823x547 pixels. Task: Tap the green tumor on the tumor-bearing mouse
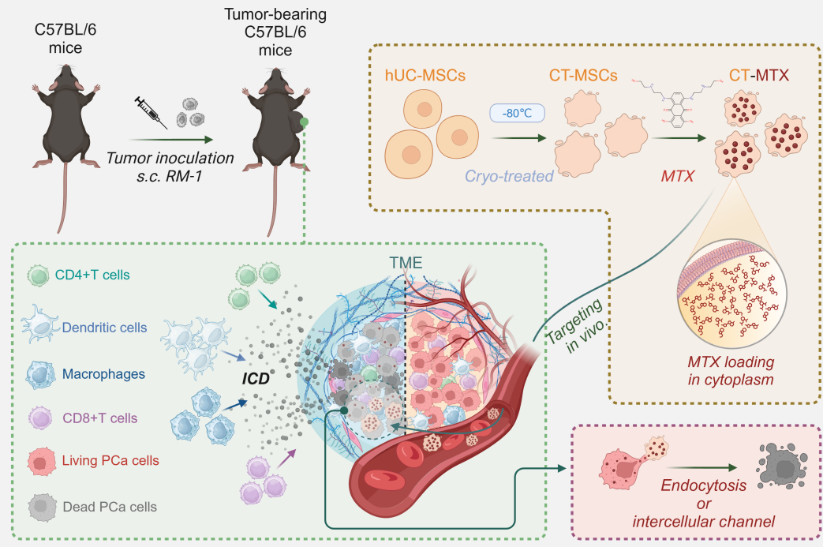[304, 123]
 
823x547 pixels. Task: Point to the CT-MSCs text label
[584, 76]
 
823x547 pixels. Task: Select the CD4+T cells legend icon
[39, 275]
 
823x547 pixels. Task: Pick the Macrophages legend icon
[39, 372]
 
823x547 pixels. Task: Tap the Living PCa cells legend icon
[39, 460]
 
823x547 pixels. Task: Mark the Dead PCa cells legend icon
[39, 506]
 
